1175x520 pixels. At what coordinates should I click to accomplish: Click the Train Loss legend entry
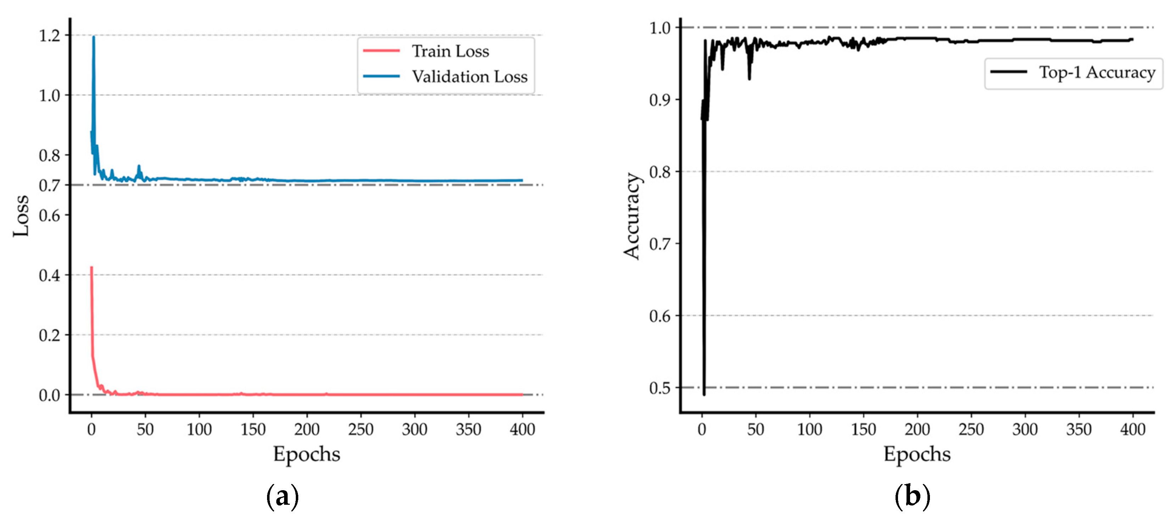click(450, 51)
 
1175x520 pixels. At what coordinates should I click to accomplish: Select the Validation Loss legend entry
click(469, 77)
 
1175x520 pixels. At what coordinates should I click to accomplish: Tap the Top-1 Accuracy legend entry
click(1097, 72)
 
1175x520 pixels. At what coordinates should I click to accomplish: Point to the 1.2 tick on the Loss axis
click(50, 35)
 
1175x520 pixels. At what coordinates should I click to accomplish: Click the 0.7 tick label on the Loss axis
click(50, 186)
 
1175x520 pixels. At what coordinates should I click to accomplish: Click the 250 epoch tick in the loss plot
click(360, 429)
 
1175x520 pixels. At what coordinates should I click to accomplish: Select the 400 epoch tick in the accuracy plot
click(1132, 429)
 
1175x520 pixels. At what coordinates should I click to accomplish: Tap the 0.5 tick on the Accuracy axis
click(660, 388)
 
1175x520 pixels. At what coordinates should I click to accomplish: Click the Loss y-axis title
click(21, 216)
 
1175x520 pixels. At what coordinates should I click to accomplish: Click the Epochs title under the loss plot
click(306, 454)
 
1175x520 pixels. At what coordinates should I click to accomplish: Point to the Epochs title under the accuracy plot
click(917, 454)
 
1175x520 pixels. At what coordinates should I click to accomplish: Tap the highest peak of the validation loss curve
click(94, 37)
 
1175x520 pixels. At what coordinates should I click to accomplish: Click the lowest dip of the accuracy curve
click(704, 394)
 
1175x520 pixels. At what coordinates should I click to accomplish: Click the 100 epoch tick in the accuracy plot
click(810, 429)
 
